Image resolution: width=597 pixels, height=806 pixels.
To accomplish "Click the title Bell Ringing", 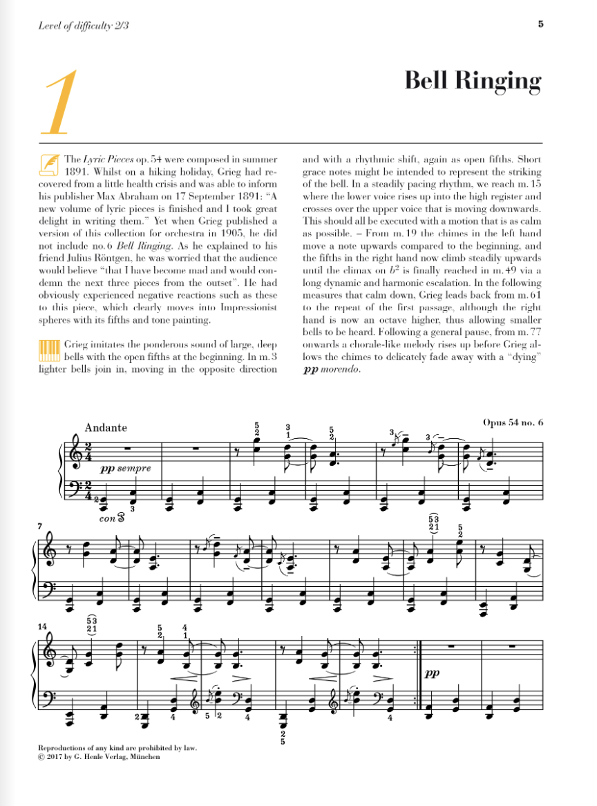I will click(473, 81).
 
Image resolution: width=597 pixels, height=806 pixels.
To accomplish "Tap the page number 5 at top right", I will click(540, 25).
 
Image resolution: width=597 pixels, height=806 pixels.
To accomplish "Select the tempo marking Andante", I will click(106, 427).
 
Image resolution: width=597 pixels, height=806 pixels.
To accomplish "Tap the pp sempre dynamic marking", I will click(124, 468).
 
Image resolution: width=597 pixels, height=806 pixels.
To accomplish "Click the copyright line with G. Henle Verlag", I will click(99, 757).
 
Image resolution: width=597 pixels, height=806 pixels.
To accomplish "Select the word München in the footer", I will click(145, 757).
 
